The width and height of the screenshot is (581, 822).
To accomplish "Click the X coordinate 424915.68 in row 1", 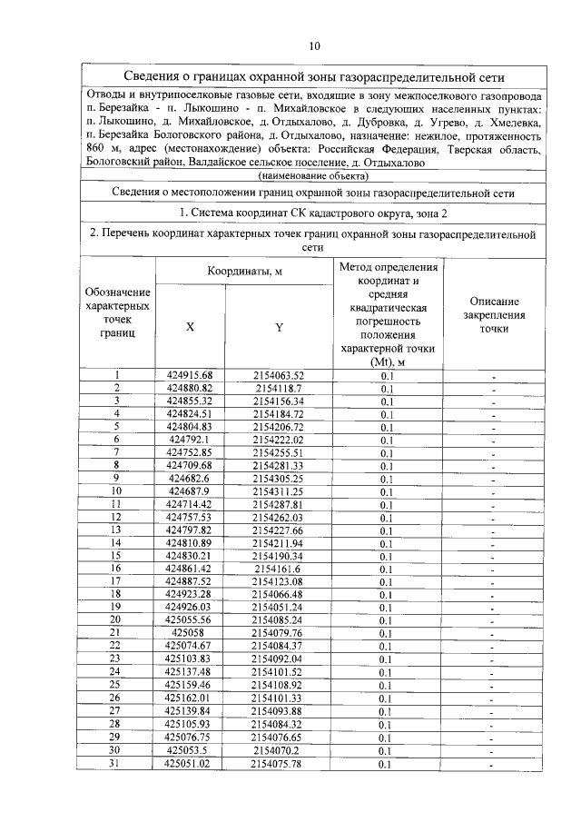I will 190,375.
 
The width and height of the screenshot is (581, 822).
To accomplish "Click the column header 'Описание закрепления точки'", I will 494,314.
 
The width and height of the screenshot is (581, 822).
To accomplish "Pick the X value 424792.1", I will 190,440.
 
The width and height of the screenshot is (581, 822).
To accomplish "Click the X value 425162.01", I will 190,698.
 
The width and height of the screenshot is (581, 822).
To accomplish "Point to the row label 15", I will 116,556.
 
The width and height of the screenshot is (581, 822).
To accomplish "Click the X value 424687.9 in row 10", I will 190,491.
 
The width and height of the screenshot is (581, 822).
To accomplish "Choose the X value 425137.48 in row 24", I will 190,672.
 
